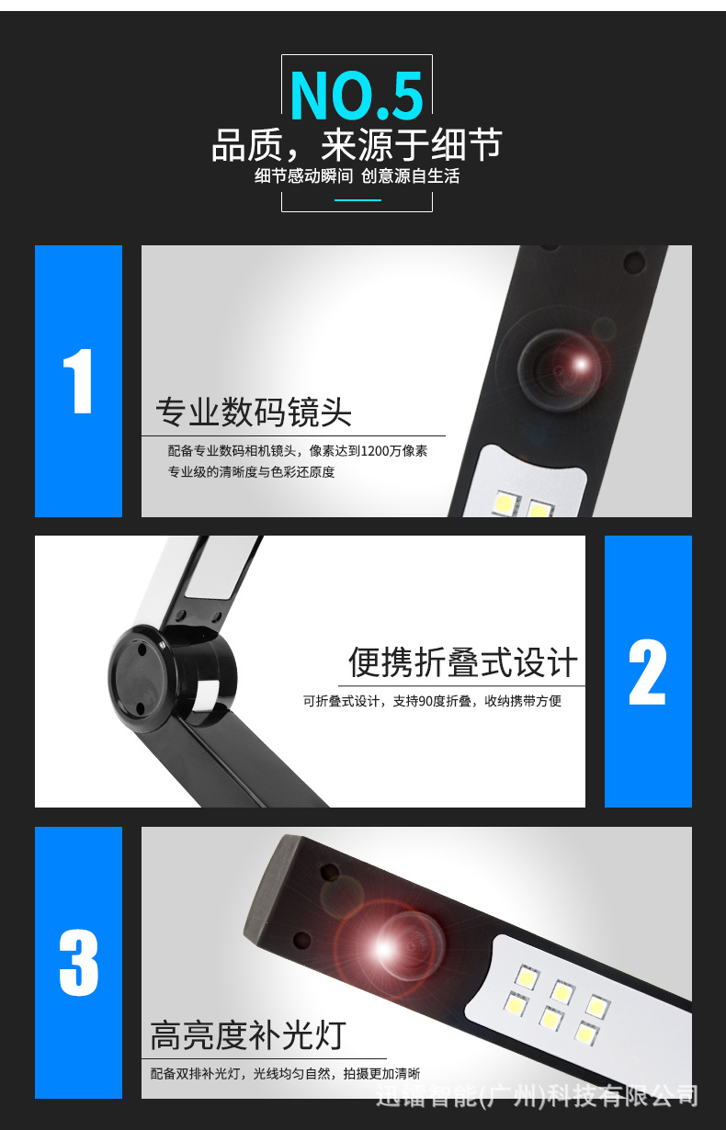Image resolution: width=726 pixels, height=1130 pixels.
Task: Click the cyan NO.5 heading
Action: point(357,96)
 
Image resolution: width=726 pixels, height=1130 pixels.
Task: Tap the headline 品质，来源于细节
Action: point(357,146)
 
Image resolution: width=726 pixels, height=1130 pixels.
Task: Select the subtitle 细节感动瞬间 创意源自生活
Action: point(357,175)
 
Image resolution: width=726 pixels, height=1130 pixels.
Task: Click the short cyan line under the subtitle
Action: point(357,199)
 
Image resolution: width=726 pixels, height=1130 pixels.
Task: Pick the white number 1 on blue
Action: point(79,381)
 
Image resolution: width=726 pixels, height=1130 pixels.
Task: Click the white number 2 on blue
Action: point(648,672)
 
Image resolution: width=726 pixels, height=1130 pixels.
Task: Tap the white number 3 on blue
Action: point(79,963)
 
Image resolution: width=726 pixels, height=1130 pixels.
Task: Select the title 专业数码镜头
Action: point(254,412)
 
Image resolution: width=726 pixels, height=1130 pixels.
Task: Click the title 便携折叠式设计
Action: point(462,662)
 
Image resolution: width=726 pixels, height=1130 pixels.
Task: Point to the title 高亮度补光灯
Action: point(248,1035)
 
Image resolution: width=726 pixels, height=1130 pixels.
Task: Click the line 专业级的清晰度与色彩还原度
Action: point(251,472)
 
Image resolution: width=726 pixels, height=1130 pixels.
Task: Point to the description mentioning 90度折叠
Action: point(432,701)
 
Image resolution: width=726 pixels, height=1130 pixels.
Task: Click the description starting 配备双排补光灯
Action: point(285,1073)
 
